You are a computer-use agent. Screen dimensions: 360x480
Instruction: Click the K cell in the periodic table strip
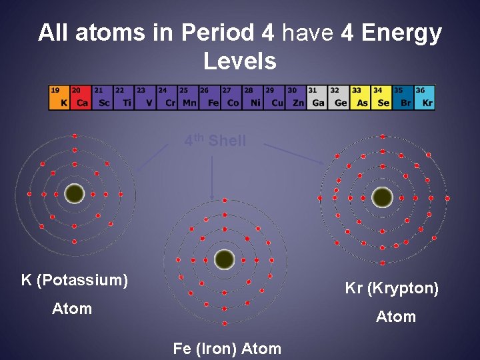coord(59,97)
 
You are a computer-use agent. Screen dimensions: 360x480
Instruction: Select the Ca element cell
coord(80,97)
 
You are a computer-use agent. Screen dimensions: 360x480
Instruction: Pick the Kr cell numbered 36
coord(425,97)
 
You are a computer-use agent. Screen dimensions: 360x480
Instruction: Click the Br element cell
coord(403,97)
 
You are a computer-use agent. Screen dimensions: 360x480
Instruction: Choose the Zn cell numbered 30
coord(295,97)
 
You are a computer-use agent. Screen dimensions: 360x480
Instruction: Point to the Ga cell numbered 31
coord(317,97)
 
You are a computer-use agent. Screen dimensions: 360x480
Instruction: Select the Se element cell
coord(381,97)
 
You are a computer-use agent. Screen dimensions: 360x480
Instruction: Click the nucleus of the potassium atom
coord(75,194)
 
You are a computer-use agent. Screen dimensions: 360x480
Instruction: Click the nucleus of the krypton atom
coord(382,197)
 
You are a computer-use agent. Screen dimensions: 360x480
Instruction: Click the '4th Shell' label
coord(215,141)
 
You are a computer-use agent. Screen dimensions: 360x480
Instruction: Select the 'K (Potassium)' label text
coord(75,279)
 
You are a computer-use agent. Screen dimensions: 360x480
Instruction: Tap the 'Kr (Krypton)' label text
coord(392,288)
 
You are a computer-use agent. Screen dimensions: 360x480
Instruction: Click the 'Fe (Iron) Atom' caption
coord(227,348)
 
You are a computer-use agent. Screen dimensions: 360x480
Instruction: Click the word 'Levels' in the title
coord(239,61)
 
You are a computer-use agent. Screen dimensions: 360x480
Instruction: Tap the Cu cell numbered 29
coord(274,97)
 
